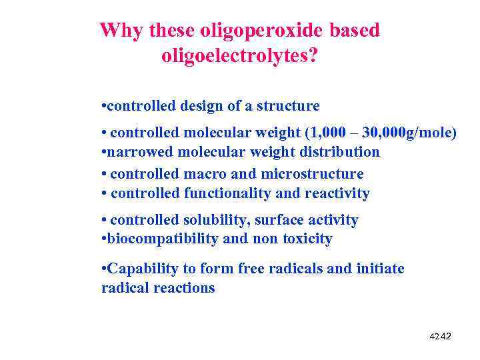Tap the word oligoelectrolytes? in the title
(x=240, y=57)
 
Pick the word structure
(x=288, y=106)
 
